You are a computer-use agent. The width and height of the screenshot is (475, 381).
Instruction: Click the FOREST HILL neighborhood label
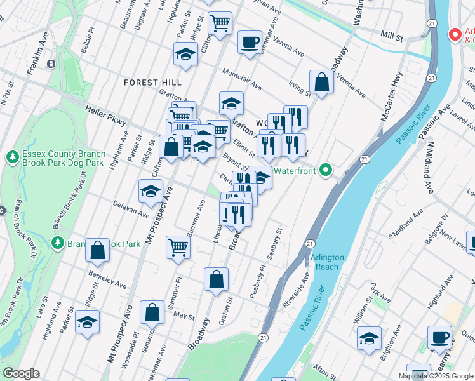click(152, 83)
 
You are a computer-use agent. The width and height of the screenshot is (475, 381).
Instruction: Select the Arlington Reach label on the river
click(327, 262)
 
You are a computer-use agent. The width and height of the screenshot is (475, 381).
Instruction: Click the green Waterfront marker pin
click(326, 170)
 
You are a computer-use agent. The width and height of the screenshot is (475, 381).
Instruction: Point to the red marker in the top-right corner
click(454, 34)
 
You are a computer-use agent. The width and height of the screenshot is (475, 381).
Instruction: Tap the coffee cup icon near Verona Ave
click(250, 43)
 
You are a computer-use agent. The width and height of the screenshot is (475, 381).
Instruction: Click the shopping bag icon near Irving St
click(322, 82)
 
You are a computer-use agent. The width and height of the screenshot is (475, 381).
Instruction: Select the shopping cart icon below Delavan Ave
click(178, 248)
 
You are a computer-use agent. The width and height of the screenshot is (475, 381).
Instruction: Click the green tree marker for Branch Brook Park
click(58, 243)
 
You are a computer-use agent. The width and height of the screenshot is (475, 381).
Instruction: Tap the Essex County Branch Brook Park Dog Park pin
click(11, 156)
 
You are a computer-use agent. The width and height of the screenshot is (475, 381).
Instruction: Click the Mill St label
click(392, 37)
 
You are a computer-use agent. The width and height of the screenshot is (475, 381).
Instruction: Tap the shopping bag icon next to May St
click(152, 312)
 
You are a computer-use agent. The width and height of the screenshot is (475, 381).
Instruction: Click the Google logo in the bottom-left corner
click(21, 373)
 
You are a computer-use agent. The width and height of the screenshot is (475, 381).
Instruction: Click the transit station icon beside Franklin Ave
click(51, 63)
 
